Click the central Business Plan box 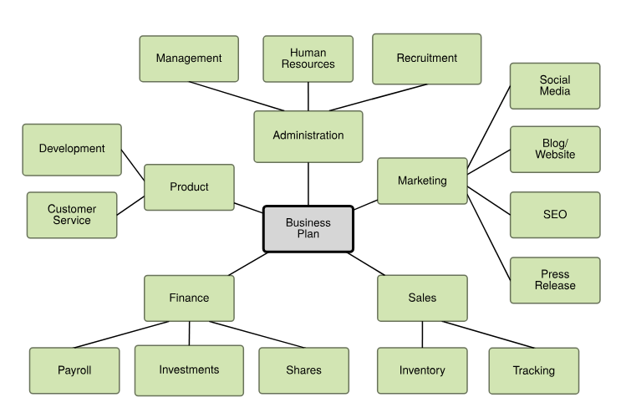(x=308, y=228)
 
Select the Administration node (x=308, y=135)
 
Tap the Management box (x=189, y=59)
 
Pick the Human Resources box (x=308, y=59)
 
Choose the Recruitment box (x=426, y=59)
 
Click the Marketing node (x=422, y=181)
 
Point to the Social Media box (x=555, y=85)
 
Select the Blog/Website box (x=555, y=149)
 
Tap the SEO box (x=555, y=215)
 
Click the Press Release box (x=555, y=280)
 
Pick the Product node (x=189, y=187)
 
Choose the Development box (x=72, y=149)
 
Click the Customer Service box (x=72, y=215)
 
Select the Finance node (x=189, y=298)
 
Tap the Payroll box (x=74, y=370)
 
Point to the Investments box (x=189, y=370)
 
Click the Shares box (x=303, y=370)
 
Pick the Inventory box (x=422, y=370)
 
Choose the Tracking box (x=534, y=370)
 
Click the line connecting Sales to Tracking (x=489, y=334)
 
